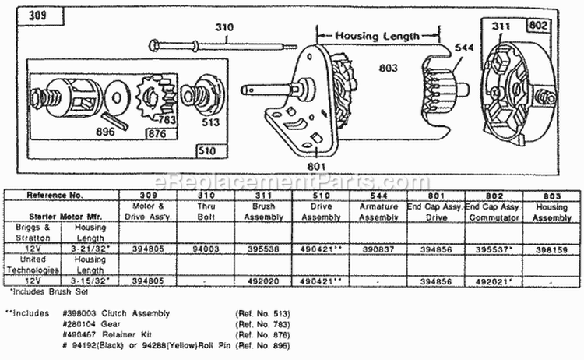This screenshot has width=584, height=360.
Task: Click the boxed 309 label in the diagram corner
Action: [x=37, y=15]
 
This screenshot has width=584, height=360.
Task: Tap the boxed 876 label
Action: [x=154, y=134]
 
